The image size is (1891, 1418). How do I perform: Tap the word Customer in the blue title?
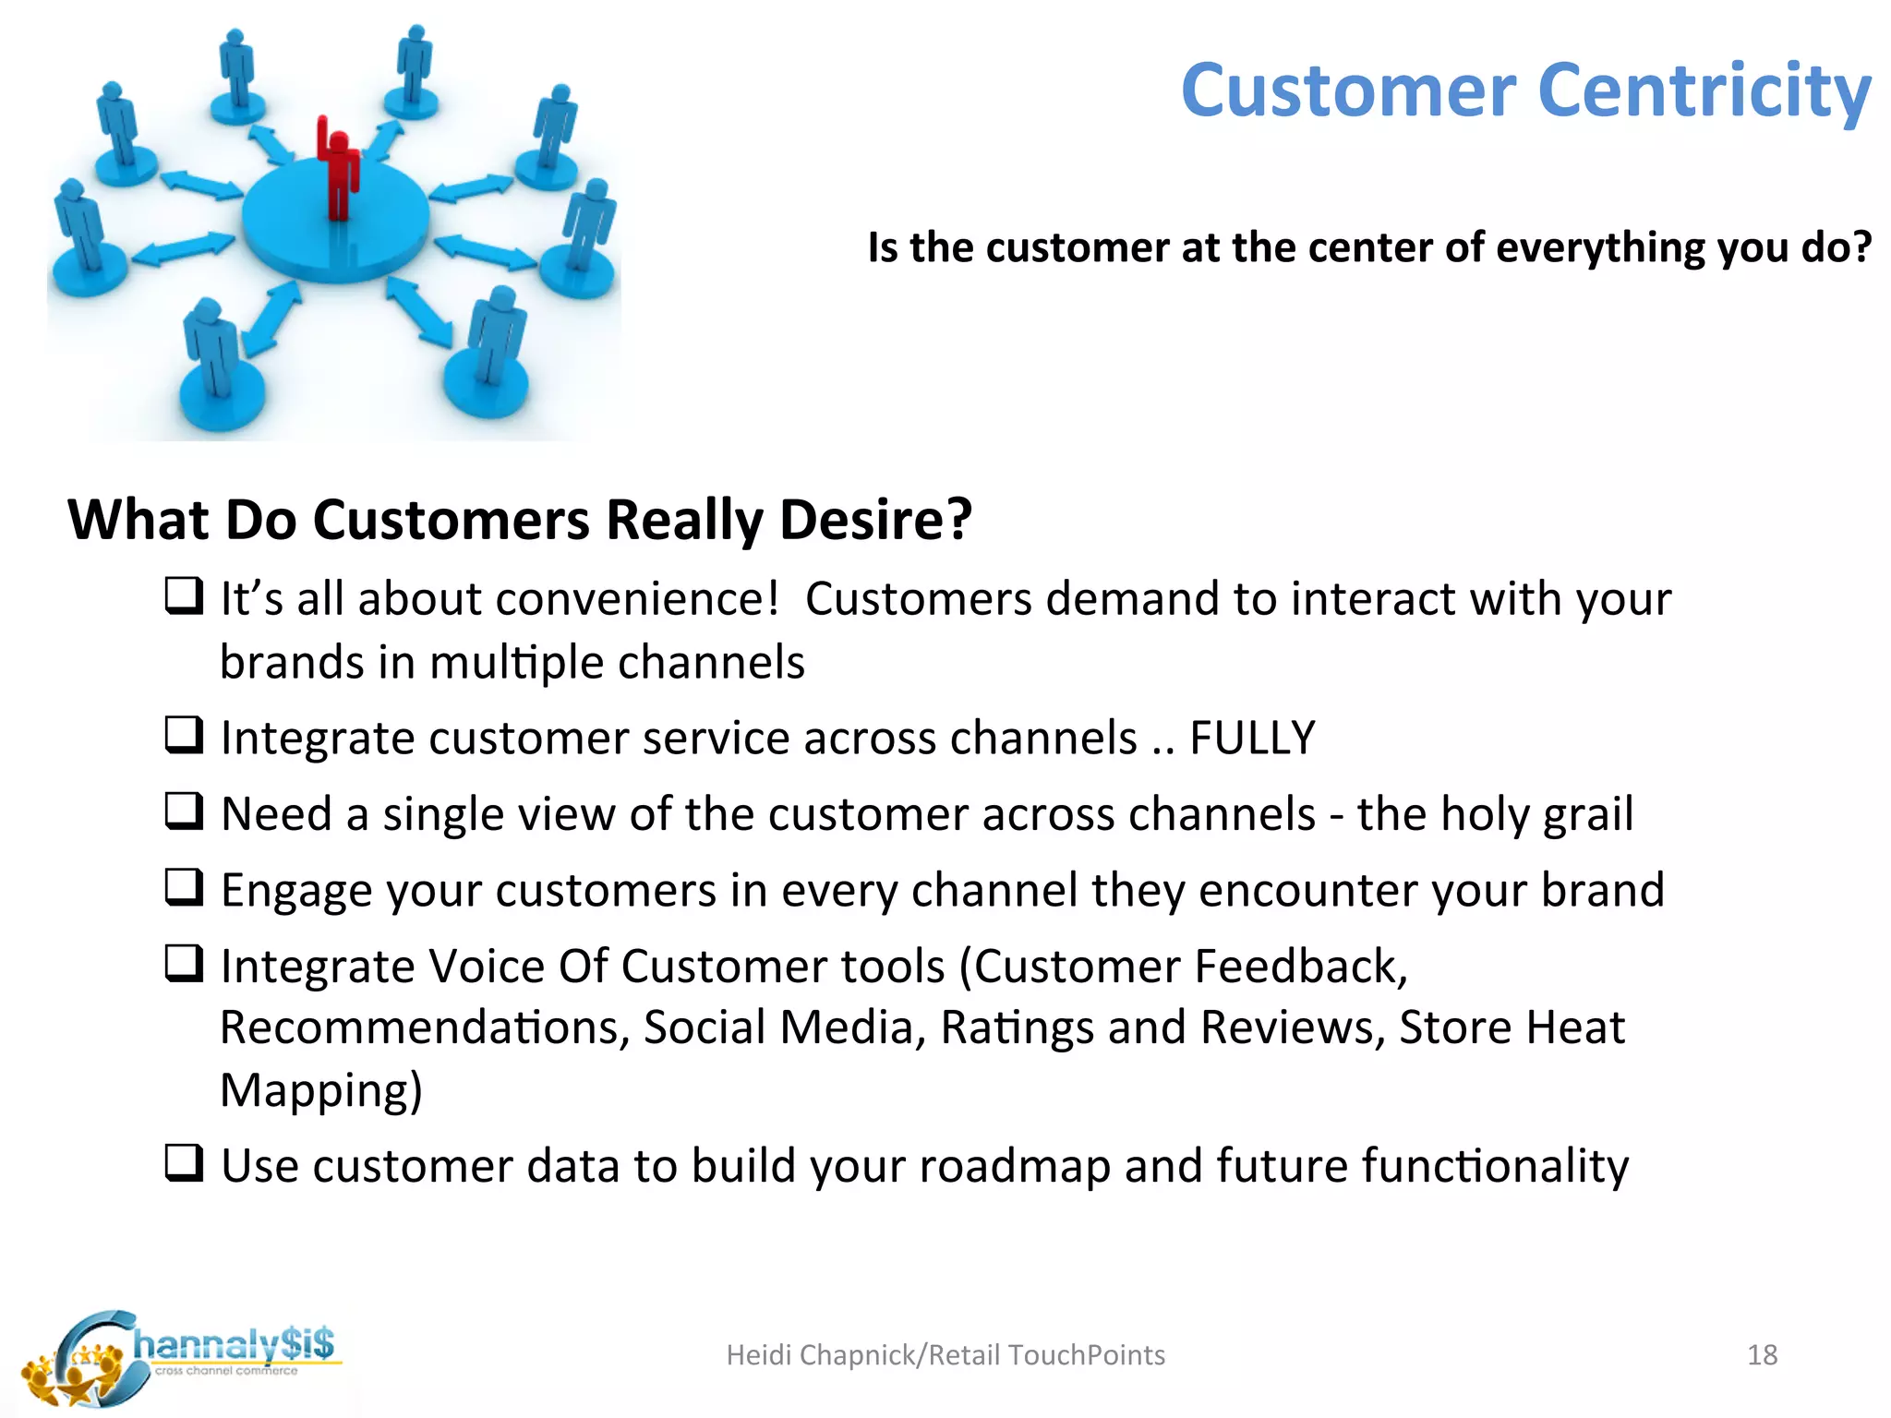tap(1348, 90)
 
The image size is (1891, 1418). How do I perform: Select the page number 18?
tap(1762, 1354)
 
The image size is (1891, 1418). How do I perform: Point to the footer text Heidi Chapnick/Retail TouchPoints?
tap(945, 1354)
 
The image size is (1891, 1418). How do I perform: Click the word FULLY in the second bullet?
tap(1251, 738)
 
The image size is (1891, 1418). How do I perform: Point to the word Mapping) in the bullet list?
tap(320, 1090)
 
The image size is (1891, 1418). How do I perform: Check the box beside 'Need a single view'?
tap(184, 811)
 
